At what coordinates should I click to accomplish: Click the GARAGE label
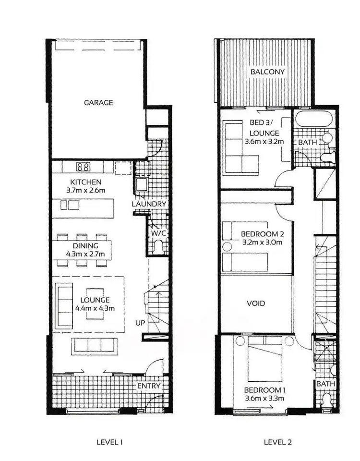pos(98,102)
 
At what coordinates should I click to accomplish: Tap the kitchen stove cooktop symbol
pos(83,167)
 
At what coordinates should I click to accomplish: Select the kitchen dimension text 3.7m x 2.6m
pos(86,191)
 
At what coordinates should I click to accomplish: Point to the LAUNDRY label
pos(149,204)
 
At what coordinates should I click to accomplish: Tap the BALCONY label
pos(267,72)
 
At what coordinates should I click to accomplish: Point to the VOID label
pos(256,303)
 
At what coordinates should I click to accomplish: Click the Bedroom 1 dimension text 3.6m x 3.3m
pos(264,398)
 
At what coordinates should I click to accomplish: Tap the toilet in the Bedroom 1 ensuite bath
pos(327,400)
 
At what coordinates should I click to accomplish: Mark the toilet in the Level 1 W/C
pos(159,248)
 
